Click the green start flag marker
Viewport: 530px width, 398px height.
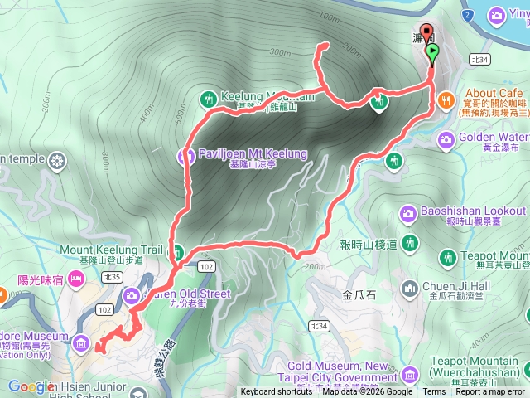point(432,53)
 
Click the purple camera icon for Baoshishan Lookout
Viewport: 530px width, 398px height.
point(408,215)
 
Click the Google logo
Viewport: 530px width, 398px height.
point(31,386)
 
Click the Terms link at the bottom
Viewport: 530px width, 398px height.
point(434,392)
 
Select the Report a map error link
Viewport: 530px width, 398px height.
point(489,392)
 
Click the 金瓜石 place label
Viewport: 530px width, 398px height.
point(359,294)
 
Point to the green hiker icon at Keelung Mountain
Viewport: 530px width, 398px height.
point(208,98)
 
